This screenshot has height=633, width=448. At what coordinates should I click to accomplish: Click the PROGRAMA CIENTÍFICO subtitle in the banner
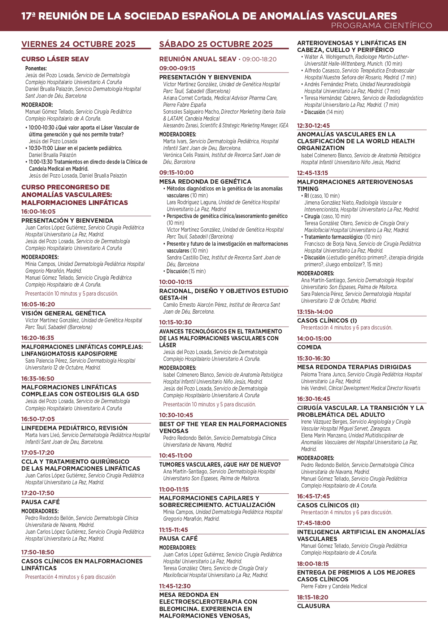(x=381, y=26)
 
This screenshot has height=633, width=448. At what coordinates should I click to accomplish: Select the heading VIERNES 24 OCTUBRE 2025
(x=78, y=44)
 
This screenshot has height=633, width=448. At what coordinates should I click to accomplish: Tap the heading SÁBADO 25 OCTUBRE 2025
(x=216, y=44)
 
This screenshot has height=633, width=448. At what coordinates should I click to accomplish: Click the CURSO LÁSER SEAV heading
(x=55, y=59)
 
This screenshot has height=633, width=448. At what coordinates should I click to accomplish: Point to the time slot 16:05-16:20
(x=38, y=304)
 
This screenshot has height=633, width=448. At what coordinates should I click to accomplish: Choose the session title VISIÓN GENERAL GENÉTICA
(x=64, y=313)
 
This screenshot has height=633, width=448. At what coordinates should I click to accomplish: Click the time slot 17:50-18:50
(x=38, y=552)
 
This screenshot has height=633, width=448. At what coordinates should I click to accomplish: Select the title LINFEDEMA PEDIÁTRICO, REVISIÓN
(x=74, y=428)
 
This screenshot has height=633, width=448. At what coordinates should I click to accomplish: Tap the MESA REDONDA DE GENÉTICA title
(x=205, y=182)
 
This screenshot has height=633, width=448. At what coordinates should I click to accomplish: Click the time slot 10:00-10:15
(x=176, y=282)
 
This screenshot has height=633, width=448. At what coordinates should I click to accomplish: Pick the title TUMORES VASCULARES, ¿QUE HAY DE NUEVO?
(x=220, y=464)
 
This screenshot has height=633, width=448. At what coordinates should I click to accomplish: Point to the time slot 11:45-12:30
(x=175, y=586)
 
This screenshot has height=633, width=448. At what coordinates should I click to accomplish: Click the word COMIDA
(x=309, y=347)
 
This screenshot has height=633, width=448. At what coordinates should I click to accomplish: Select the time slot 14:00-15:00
(x=314, y=339)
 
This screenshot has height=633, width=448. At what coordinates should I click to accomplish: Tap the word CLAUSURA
(x=313, y=606)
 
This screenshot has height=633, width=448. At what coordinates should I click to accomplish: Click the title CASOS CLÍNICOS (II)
(x=328, y=505)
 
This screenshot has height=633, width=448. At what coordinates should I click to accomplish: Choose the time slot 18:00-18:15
(x=313, y=564)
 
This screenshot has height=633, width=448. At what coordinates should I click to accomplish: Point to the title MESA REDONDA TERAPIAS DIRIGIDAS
(x=354, y=367)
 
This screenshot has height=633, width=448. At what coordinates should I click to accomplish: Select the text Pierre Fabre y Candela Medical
(x=334, y=586)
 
